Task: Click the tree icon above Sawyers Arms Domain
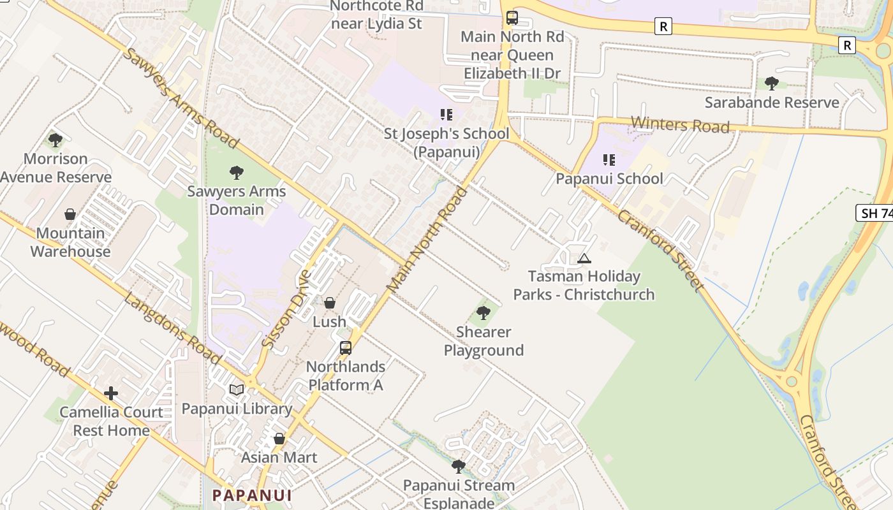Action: [x=237, y=172]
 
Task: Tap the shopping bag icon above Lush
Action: [x=330, y=303]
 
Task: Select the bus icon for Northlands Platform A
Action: [x=345, y=348]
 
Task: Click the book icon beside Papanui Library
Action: [x=237, y=390]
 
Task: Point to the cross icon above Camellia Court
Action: [x=111, y=393]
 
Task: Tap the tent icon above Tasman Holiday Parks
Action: [x=584, y=258]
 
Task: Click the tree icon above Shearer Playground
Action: [x=483, y=313]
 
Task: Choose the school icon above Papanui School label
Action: [x=609, y=160]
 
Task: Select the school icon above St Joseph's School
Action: [x=447, y=115]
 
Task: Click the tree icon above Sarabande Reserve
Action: [x=772, y=84]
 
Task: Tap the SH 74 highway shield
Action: [x=875, y=213]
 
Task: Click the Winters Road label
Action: [x=680, y=124]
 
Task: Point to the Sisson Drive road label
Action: [x=286, y=309]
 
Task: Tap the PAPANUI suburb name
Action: [x=252, y=495]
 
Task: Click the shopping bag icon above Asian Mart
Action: [x=279, y=439]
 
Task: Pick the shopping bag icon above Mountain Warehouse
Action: [x=70, y=214]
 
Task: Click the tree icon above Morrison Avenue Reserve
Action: [x=55, y=140]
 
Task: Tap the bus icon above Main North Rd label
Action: [x=512, y=18]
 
